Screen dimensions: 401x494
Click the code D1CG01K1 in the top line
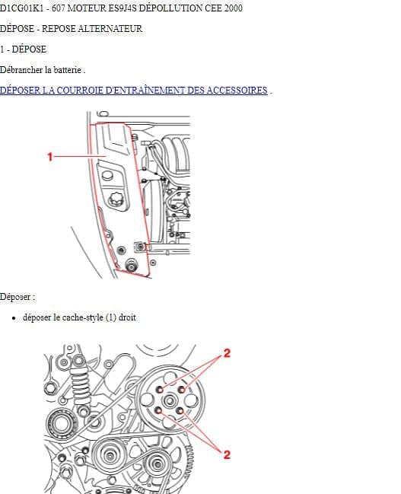pyautogui.click(x=21, y=8)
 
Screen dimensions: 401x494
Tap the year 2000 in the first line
pyautogui.click(x=234, y=8)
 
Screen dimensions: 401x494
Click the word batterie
pyautogui.click(x=68, y=69)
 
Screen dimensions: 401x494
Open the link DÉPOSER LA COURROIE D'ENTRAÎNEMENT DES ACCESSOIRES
pyautogui.click(x=134, y=91)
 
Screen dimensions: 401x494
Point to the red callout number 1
pyautogui.click(x=49, y=157)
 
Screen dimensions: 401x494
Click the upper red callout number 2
pyautogui.click(x=227, y=353)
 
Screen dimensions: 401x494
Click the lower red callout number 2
pyautogui.click(x=227, y=454)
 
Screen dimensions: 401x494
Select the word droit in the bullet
pyautogui.click(x=127, y=317)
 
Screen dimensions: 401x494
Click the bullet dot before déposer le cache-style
pyautogui.click(x=14, y=318)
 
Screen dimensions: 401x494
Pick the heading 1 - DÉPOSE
pyautogui.click(x=23, y=49)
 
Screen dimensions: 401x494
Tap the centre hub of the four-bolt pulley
pyautogui.click(x=170, y=400)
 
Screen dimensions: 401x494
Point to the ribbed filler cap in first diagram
pyautogui.click(x=116, y=199)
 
